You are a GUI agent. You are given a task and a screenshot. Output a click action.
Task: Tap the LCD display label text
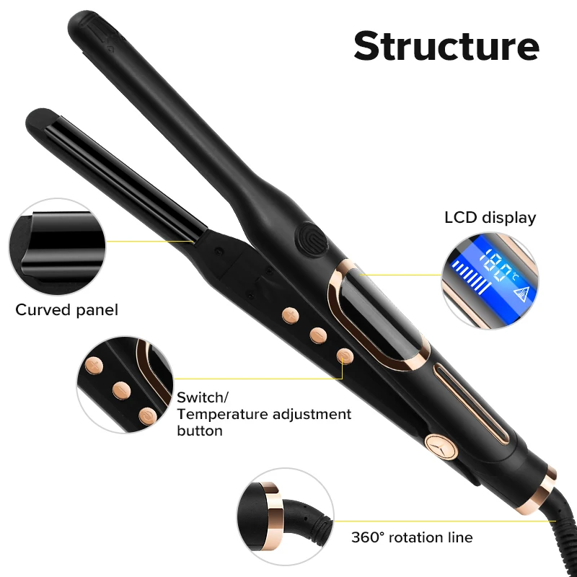tap(490, 217)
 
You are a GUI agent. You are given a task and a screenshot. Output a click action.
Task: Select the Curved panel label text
tap(66, 310)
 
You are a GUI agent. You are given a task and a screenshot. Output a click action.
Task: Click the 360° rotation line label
tap(412, 537)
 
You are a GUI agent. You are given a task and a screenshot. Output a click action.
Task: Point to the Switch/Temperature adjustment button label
tap(263, 414)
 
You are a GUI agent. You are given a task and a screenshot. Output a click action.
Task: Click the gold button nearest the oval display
tap(345, 356)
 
